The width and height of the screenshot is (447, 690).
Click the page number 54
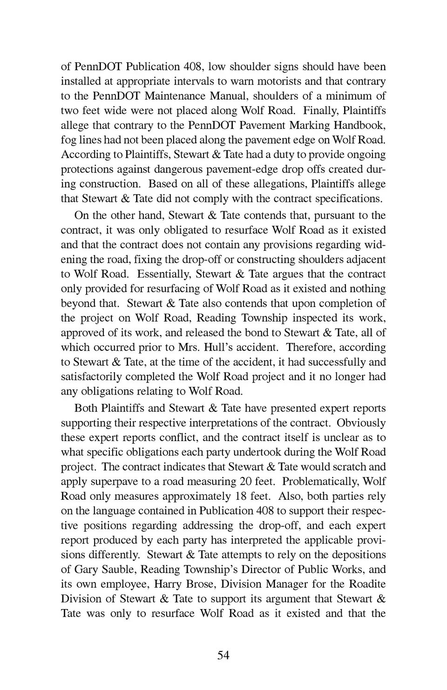click(x=223, y=656)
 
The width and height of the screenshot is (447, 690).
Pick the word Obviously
click(x=361, y=423)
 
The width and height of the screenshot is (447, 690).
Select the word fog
click(x=69, y=140)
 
